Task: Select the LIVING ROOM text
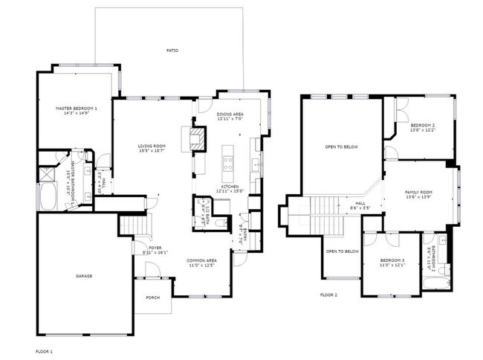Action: pos(151,146)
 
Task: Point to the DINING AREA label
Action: pos(230,115)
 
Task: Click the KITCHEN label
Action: pos(230,187)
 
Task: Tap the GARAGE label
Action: pos(83,276)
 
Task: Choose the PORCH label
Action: pos(152,298)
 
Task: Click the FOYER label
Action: pos(155,248)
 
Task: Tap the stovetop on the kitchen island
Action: pos(227,159)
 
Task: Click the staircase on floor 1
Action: pos(134,224)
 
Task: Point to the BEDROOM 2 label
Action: pos(422,125)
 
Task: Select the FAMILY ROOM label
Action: pos(418,192)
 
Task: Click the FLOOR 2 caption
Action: pos(328,295)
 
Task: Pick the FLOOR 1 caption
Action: pos(44,350)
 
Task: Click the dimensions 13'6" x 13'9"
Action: pos(418,197)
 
